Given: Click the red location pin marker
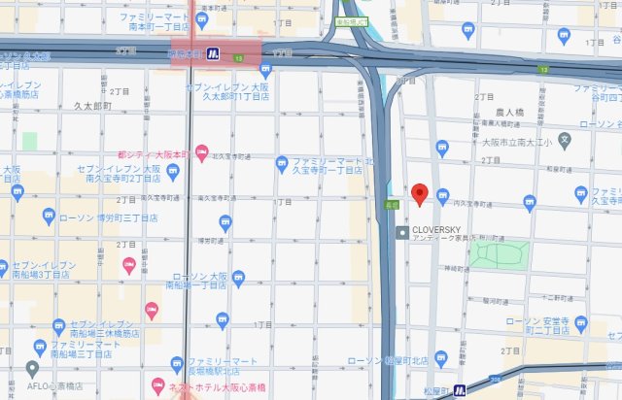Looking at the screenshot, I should pyautogui.click(x=420, y=193).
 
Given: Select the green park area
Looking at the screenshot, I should pyautogui.click(x=499, y=255).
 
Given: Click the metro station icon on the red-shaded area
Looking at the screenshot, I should pyautogui.click(x=211, y=53).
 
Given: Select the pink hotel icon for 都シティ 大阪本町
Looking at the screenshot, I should pyautogui.click(x=201, y=151).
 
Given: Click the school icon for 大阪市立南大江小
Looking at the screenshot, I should pyautogui.click(x=565, y=141).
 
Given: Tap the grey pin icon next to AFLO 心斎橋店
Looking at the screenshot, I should pyautogui.click(x=32, y=368).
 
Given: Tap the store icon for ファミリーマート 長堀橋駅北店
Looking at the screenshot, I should pyautogui.click(x=177, y=364).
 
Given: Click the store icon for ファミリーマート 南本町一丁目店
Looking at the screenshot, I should pyautogui.click(x=202, y=18).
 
